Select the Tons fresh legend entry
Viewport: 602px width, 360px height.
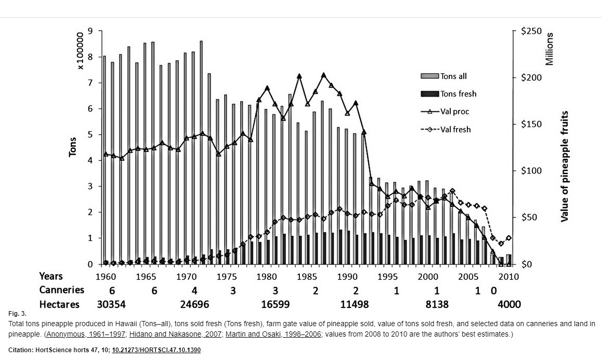click(x=458, y=94)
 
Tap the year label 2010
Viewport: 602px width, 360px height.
click(x=508, y=276)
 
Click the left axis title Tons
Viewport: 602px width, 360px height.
click(x=73, y=147)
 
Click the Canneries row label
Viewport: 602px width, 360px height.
click(x=61, y=290)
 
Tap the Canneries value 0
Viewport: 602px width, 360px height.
click(x=493, y=290)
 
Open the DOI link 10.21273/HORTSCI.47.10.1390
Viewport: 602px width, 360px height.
click(x=156, y=350)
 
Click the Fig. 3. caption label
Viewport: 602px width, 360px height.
click(x=17, y=314)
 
